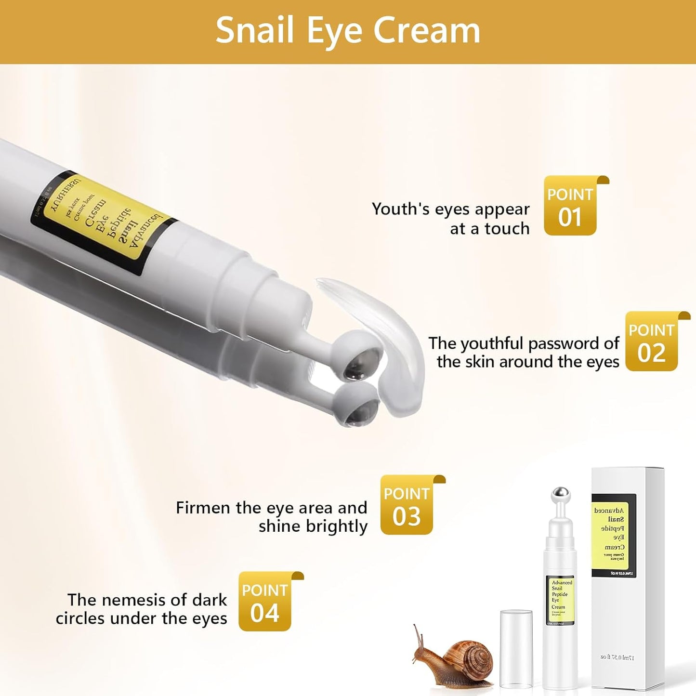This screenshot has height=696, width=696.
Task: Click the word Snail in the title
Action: pyautogui.click(x=254, y=30)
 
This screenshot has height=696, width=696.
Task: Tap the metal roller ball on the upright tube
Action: pyautogui.click(x=560, y=495)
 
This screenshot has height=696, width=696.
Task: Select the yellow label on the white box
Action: pyautogui.click(x=614, y=535)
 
